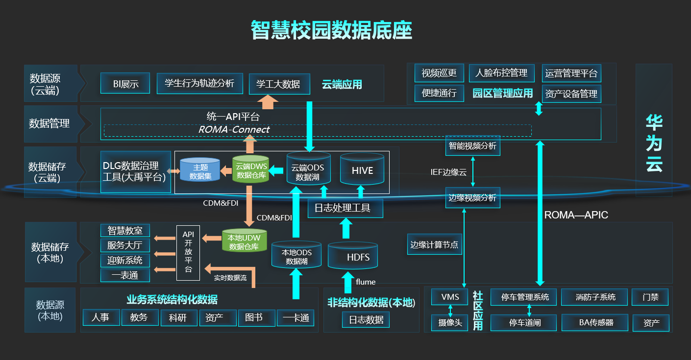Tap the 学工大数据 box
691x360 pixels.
coord(279,84)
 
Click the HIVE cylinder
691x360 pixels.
coord(362,171)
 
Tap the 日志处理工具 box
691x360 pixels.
coord(345,208)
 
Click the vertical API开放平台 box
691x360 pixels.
coord(188,252)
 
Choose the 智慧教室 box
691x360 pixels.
coord(125,230)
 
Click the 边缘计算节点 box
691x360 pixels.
coord(435,244)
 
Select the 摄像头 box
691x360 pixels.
coord(450,323)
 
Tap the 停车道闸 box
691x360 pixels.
coord(523,323)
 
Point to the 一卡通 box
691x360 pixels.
coord(296,318)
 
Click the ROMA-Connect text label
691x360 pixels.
coord(234,130)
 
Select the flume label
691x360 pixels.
coord(366,282)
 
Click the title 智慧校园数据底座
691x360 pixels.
coord(331,30)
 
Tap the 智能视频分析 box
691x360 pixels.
coord(472,146)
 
